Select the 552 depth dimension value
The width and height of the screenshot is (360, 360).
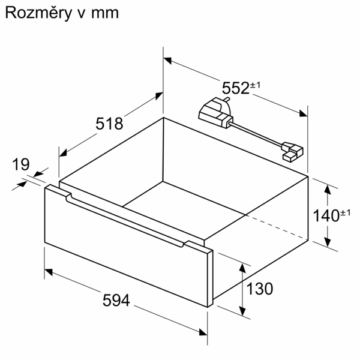click(x=236, y=88)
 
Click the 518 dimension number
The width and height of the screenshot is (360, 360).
click(x=109, y=124)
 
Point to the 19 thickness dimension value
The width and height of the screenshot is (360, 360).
click(x=21, y=164)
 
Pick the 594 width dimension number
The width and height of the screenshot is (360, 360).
click(x=116, y=300)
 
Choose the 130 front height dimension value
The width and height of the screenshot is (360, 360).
click(x=260, y=289)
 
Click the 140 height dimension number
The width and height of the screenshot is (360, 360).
click(x=326, y=215)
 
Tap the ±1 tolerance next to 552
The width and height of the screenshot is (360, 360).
click(x=255, y=85)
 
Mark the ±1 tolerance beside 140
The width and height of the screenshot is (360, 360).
click(x=346, y=213)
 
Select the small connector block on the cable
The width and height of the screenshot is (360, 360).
click(x=293, y=152)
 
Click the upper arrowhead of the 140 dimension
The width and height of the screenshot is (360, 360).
click(x=328, y=189)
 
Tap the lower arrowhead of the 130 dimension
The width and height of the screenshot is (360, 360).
click(x=242, y=311)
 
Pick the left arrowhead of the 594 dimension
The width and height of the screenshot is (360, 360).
click(x=49, y=272)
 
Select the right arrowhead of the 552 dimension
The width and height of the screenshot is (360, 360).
click(x=303, y=113)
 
